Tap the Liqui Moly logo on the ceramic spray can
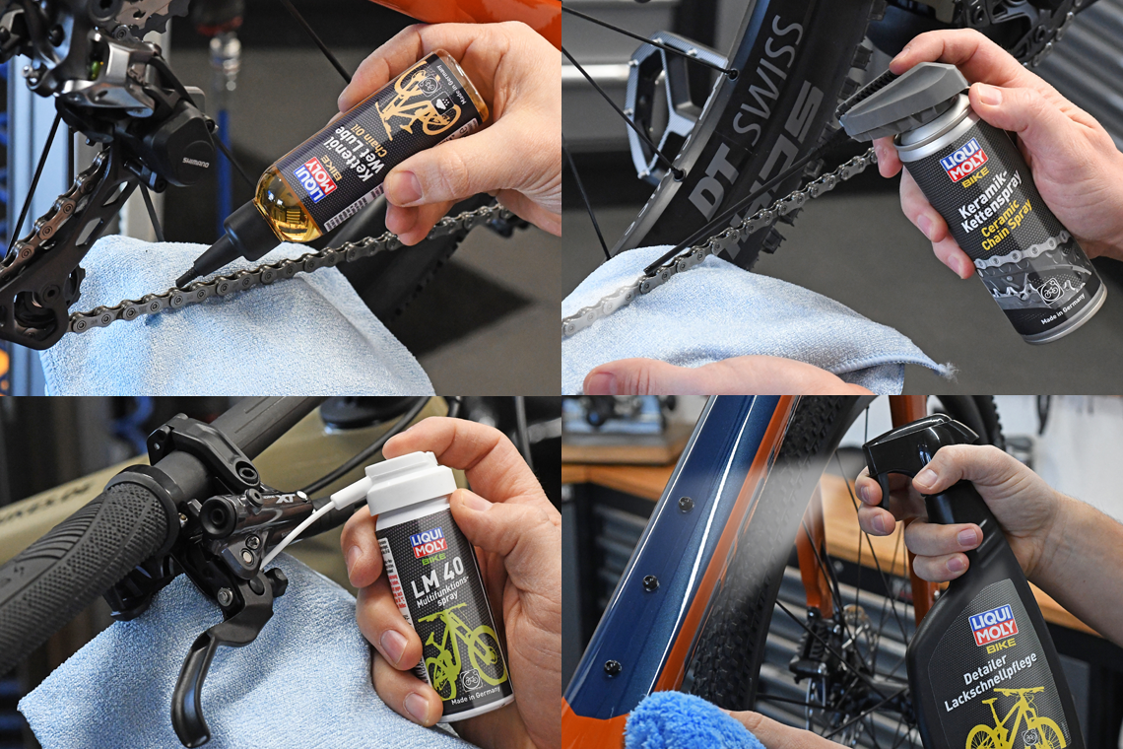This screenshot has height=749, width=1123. (963, 161)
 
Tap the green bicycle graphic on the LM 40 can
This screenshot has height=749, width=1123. (463, 650)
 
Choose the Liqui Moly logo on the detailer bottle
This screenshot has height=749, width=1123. (992, 626)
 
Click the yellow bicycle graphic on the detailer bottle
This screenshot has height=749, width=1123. (1015, 724)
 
